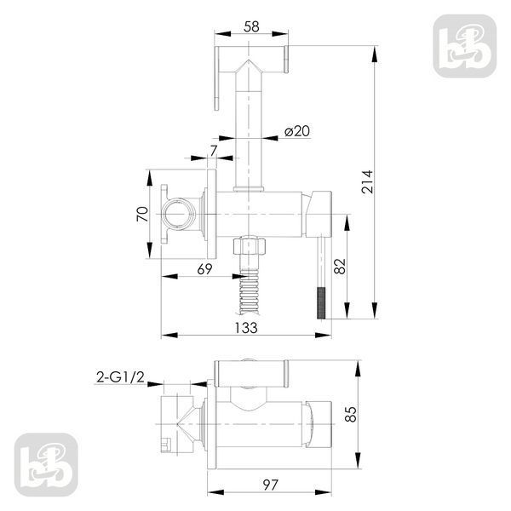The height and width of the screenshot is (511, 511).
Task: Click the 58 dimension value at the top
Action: click(x=251, y=27)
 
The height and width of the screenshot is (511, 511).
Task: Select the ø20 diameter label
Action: click(x=297, y=131)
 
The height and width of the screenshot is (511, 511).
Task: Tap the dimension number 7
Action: click(x=214, y=151)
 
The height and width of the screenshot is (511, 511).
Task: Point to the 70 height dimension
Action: click(x=142, y=214)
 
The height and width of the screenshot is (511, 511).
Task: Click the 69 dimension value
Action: click(x=204, y=269)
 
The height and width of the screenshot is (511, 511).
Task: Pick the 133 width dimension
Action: click(x=246, y=328)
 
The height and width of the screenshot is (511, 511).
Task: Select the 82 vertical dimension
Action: click(x=340, y=267)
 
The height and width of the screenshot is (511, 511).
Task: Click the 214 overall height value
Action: click(x=367, y=182)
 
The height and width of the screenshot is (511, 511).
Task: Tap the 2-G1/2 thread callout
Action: click(x=120, y=377)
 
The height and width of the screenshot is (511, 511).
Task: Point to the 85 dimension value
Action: click(x=351, y=414)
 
